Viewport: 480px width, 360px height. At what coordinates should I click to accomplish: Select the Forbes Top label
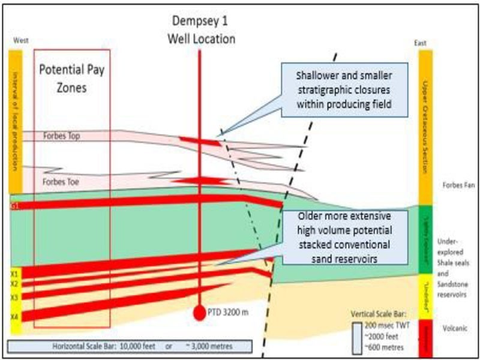point(62,136)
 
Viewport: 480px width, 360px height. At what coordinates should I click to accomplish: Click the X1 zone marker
point(14,272)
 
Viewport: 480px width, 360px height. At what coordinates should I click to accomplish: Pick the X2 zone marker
point(14,283)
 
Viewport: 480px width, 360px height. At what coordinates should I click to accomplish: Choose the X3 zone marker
point(14,297)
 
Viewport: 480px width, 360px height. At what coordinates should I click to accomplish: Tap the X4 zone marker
point(14,316)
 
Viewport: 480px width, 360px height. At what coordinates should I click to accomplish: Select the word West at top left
point(21,41)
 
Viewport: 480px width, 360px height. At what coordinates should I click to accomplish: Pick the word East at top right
point(420,43)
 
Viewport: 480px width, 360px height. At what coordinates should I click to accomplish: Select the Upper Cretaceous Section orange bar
point(425,126)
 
